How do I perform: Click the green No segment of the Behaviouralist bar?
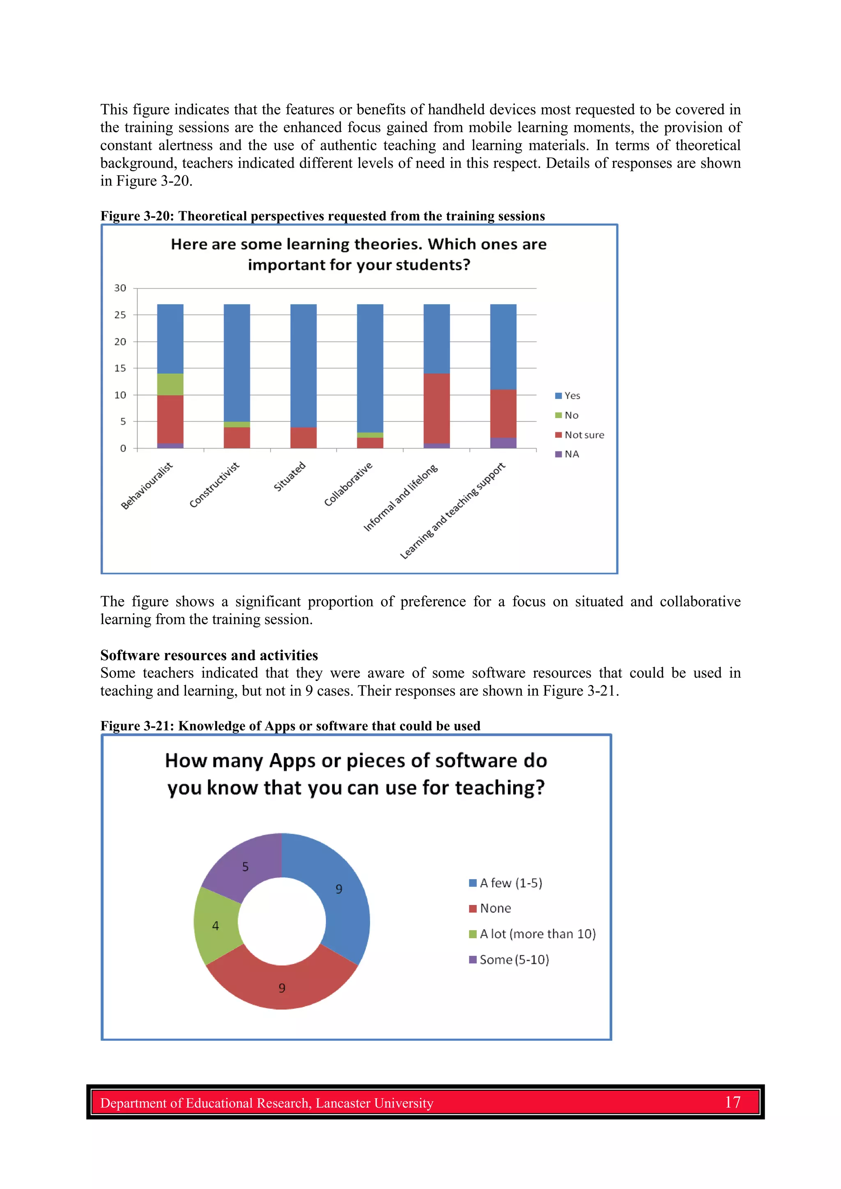[x=170, y=384]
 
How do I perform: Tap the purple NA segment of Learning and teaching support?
[x=503, y=443]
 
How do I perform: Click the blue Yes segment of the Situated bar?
[x=303, y=365]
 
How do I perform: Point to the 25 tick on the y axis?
[x=120, y=315]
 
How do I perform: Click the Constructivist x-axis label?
[x=214, y=485]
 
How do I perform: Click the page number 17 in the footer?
[x=732, y=1102]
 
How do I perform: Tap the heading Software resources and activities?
[x=209, y=655]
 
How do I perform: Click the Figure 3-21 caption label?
[x=137, y=726]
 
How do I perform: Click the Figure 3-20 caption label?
[x=137, y=216]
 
